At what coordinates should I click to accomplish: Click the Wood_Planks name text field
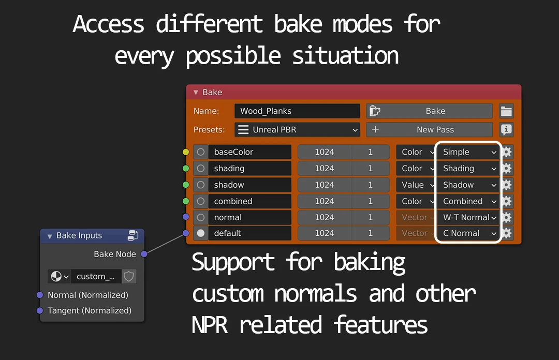tap(297, 111)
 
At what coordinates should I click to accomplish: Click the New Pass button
tap(429, 130)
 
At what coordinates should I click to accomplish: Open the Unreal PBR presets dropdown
tap(297, 130)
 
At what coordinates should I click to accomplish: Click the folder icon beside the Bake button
tap(506, 111)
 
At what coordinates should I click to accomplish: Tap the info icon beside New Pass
tap(506, 130)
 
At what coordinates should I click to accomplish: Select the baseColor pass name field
tap(249, 152)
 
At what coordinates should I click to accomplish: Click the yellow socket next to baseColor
tap(186, 152)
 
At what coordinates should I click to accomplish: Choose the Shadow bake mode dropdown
tap(468, 185)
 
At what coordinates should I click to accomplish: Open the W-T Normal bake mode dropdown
tap(468, 217)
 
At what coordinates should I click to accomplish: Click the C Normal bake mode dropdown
tap(468, 233)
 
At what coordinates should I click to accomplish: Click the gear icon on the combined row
tap(507, 201)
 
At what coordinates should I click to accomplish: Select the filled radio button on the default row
tap(201, 233)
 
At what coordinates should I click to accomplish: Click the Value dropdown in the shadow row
tap(417, 185)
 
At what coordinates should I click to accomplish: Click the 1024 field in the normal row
tap(325, 217)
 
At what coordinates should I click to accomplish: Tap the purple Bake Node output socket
tap(144, 254)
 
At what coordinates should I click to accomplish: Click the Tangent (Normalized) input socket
tap(40, 311)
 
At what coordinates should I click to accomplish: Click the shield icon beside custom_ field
tap(129, 276)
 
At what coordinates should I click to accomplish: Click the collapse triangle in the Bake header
tap(196, 93)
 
